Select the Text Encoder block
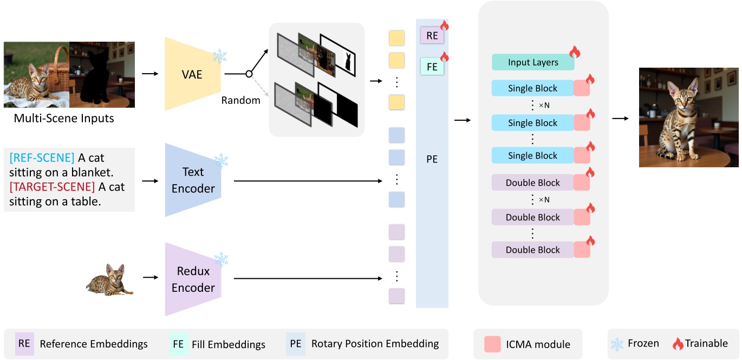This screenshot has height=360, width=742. click(193, 180)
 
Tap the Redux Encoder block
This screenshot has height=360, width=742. click(193, 279)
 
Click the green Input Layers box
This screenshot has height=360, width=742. click(532, 63)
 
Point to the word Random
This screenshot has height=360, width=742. click(240, 100)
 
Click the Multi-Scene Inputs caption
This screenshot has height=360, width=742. click(64, 118)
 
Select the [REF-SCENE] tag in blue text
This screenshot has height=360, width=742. click(42, 158)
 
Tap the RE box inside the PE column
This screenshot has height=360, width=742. click(432, 36)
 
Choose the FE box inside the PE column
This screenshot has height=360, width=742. click(432, 68)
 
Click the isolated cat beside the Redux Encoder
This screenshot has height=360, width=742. click(110, 279)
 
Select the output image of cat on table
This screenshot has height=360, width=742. click(688, 117)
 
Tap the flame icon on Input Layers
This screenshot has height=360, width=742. click(574, 52)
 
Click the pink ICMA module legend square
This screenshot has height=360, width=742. click(492, 344)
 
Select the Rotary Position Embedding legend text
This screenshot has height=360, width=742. click(375, 344)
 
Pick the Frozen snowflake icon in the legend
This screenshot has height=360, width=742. click(617, 344)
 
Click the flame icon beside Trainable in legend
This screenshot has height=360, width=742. click(678, 343)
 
